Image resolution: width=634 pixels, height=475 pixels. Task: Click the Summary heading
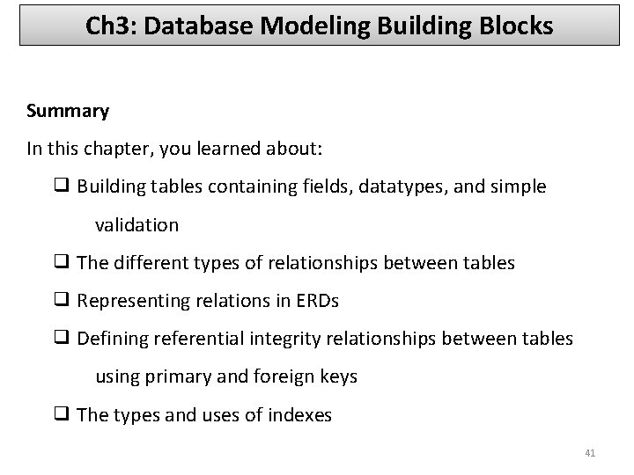pyautogui.click(x=68, y=111)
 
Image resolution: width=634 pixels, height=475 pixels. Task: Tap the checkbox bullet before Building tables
pyautogui.click(x=63, y=186)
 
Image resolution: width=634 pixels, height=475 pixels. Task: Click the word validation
pyautogui.click(x=136, y=224)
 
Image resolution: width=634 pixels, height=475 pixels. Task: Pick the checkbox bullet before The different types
pyautogui.click(x=63, y=262)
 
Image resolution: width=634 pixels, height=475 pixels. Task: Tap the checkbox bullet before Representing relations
pyautogui.click(x=63, y=301)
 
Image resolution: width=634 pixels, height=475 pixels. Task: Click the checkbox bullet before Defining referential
pyautogui.click(x=63, y=339)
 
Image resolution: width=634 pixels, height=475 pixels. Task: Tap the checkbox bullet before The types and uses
pyautogui.click(x=63, y=414)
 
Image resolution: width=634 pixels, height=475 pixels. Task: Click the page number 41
pyautogui.click(x=590, y=453)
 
